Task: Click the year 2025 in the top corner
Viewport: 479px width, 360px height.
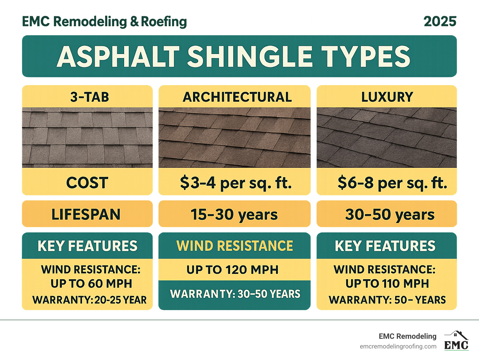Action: coord(440,22)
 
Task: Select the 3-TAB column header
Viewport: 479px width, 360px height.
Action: coord(90,97)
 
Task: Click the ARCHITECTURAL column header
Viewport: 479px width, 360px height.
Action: coord(237,97)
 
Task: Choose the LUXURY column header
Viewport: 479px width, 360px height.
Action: coord(387,97)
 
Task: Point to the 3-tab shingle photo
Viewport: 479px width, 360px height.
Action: coord(87,138)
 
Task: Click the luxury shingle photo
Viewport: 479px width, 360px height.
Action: coord(387,138)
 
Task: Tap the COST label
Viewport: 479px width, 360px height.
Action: coord(87,183)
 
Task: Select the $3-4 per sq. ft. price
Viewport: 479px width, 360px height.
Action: coord(236,183)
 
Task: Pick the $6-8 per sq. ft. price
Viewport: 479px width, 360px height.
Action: coord(392,183)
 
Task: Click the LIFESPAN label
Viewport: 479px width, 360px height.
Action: coord(86,215)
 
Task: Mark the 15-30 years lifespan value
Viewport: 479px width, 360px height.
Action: coord(234,215)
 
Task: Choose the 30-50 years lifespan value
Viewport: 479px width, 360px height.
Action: coord(390,215)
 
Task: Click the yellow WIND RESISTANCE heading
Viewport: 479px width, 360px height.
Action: coord(235,246)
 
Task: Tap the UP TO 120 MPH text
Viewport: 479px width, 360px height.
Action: coord(233,270)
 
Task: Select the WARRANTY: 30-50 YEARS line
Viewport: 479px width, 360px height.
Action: coord(235,294)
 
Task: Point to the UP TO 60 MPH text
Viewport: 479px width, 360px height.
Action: coord(91,284)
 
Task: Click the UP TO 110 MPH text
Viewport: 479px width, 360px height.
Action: coord(387,284)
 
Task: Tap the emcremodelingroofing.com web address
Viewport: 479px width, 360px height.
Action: coord(398,347)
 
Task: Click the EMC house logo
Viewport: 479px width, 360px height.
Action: coord(456,341)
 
